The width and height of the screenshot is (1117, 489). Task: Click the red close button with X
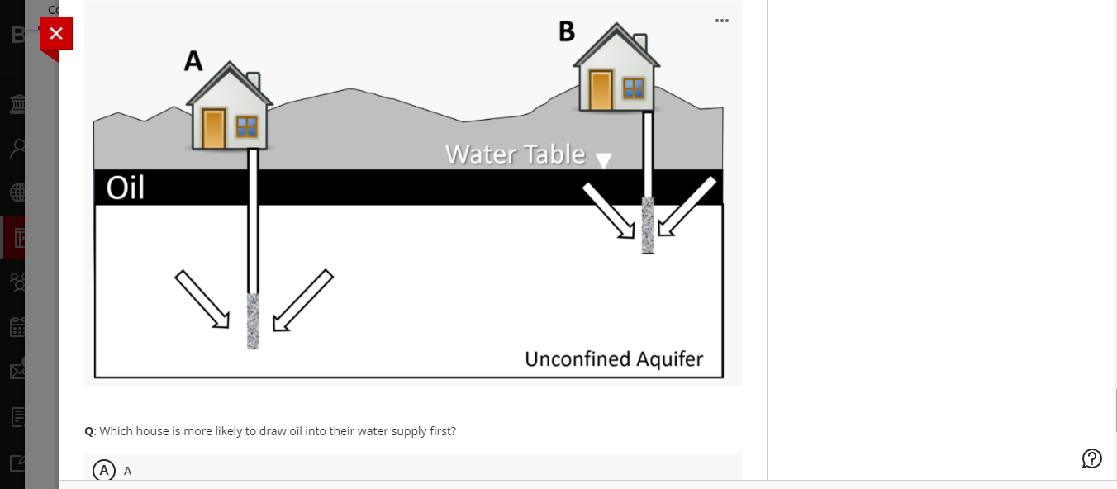coord(55,33)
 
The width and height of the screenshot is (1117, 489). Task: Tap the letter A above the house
coord(193,60)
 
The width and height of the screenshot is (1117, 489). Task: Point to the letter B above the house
coord(566,31)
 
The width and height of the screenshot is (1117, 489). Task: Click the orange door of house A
coord(213,129)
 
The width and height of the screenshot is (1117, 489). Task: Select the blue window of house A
coord(246,126)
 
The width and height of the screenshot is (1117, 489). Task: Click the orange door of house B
coord(601,89)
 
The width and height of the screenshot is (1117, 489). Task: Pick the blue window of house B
coord(634,88)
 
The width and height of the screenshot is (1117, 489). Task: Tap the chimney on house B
coord(640,41)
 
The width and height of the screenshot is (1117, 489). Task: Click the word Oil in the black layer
coord(126,188)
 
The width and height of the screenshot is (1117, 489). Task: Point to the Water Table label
coord(515,154)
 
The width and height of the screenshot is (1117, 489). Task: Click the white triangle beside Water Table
coord(605,160)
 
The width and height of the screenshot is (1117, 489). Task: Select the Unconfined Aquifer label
coord(614,359)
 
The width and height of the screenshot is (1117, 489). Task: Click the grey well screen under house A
coord(253,320)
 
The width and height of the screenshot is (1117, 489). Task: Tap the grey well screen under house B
coord(648,226)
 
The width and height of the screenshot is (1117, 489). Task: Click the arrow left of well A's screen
coord(202,299)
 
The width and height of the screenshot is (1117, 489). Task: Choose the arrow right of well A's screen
coord(303,299)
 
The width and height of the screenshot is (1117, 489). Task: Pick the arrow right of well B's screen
coord(687,207)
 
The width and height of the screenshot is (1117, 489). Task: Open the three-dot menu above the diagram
coord(722,21)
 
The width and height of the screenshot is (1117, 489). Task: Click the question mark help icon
coord(1091,458)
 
